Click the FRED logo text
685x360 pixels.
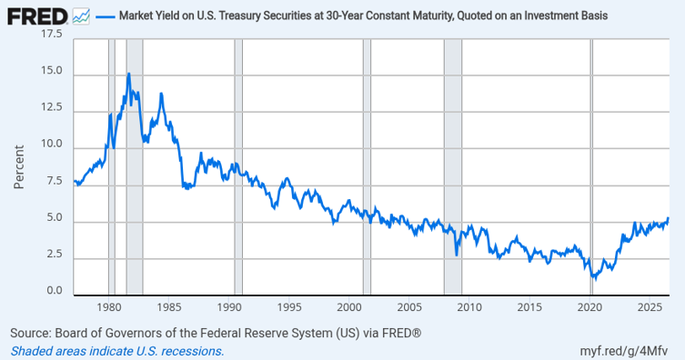point(37,16)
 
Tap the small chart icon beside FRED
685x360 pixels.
point(81,16)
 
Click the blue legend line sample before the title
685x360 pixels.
point(105,16)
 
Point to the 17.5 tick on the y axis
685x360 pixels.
point(52,34)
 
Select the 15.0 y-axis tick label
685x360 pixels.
point(52,70)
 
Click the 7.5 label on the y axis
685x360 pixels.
point(55,181)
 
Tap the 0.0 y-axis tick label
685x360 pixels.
point(55,291)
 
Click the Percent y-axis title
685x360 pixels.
point(19,167)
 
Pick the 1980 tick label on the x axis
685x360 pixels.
point(109,307)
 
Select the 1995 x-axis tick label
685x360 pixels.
point(289,307)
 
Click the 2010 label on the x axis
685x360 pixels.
point(469,307)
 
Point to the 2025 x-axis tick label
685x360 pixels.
point(650,307)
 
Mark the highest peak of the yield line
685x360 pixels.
point(128,74)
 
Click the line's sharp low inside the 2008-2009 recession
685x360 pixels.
point(457,255)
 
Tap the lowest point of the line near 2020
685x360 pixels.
point(595,279)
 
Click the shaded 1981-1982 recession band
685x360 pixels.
point(135,166)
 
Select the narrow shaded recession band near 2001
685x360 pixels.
point(367,166)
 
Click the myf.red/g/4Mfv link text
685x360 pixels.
point(624,351)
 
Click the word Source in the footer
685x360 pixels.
point(31,334)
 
